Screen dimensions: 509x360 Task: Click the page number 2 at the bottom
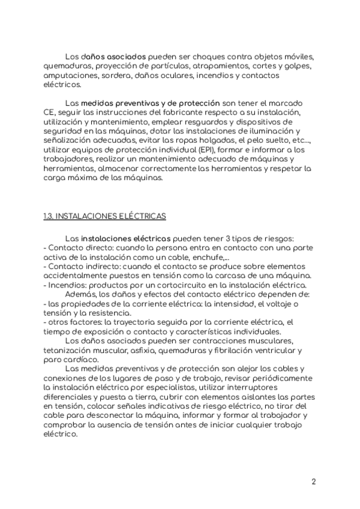tap(314, 481)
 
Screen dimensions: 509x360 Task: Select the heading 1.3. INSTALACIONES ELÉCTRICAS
tap(105, 215)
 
